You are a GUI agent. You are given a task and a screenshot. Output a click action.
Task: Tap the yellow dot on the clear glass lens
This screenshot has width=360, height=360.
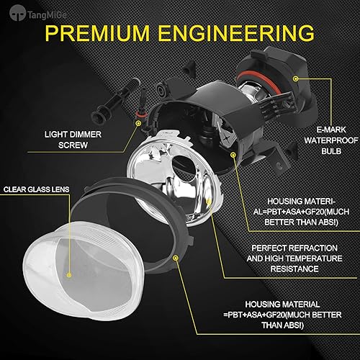click(69, 274)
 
